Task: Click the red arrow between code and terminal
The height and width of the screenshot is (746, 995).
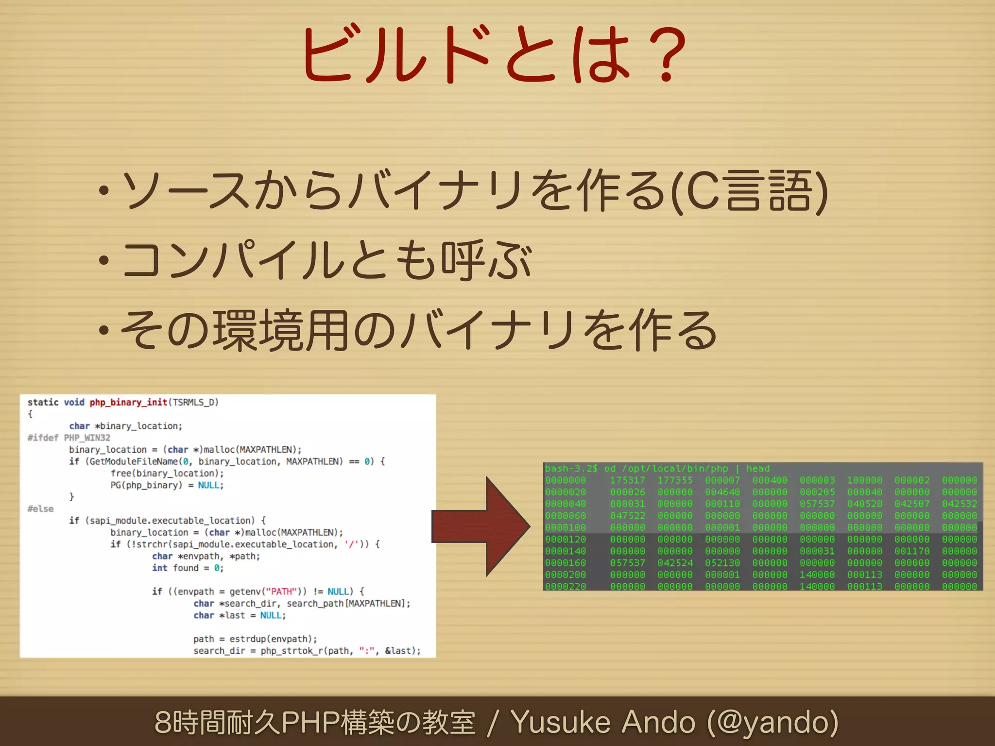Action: point(481,526)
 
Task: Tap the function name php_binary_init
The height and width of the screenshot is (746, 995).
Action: point(128,402)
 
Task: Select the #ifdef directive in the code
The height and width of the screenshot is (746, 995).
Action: point(43,438)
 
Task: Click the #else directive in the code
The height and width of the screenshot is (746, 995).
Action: point(40,509)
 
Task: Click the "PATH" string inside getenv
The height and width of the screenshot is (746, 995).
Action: point(282,592)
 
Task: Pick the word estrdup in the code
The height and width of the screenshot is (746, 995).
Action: point(247,639)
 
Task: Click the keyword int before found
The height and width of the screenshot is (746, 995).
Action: point(159,568)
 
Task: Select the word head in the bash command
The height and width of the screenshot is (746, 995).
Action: point(758,469)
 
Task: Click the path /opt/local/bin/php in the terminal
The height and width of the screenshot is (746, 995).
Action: point(675,469)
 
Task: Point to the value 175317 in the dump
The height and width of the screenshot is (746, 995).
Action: point(627,480)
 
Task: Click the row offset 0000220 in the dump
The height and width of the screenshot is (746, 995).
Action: point(566,586)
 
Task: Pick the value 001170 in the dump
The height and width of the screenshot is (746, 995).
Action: point(912,551)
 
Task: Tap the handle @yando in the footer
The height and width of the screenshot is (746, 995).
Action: point(772,722)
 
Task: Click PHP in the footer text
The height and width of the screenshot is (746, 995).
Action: point(310,722)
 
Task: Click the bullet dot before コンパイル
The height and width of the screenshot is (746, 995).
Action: point(103,261)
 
